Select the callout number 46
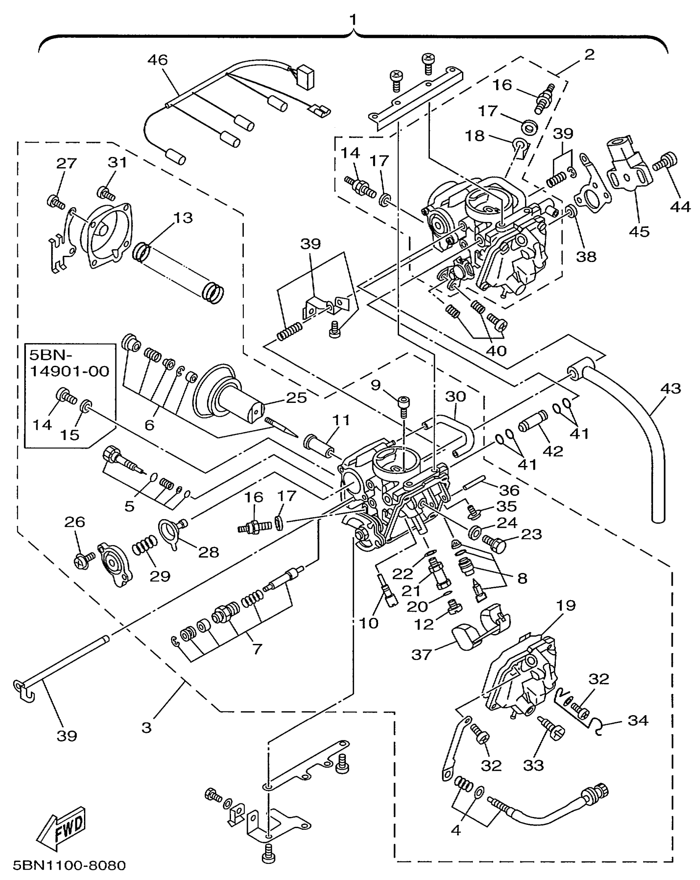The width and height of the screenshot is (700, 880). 158,60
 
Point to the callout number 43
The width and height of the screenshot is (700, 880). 671,388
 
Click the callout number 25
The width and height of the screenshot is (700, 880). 297,398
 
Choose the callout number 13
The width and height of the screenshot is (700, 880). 183,218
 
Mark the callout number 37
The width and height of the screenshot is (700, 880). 421,654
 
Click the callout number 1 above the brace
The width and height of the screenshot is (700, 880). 353,20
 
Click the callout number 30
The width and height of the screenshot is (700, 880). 455,396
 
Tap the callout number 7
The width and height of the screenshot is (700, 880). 257,649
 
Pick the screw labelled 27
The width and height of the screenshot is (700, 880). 56,202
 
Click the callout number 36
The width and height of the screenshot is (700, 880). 509,490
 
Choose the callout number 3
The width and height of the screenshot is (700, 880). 147,728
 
